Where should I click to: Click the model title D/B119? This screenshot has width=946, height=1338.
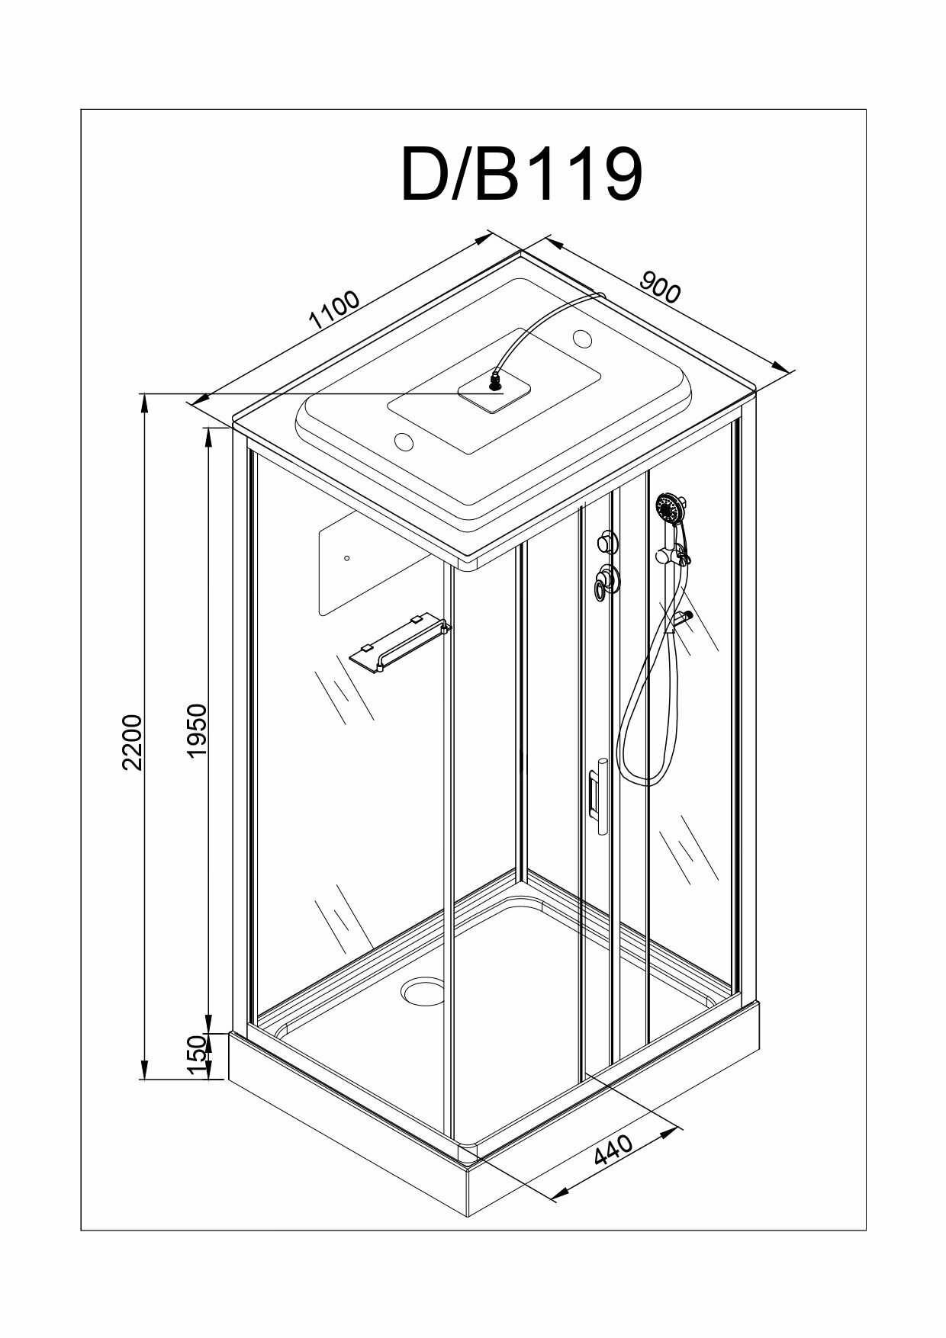point(522,175)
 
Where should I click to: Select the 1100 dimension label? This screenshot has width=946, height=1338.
point(333,309)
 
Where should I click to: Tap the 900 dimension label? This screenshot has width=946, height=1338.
point(659,287)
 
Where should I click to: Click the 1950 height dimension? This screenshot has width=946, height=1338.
point(197,730)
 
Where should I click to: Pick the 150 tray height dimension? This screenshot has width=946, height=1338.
point(197,1055)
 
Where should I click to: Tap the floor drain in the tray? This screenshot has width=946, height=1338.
point(422,990)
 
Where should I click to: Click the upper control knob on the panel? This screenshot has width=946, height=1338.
point(607,542)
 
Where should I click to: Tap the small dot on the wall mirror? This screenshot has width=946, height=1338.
point(347,558)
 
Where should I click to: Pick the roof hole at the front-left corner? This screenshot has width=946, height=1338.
point(404,441)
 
